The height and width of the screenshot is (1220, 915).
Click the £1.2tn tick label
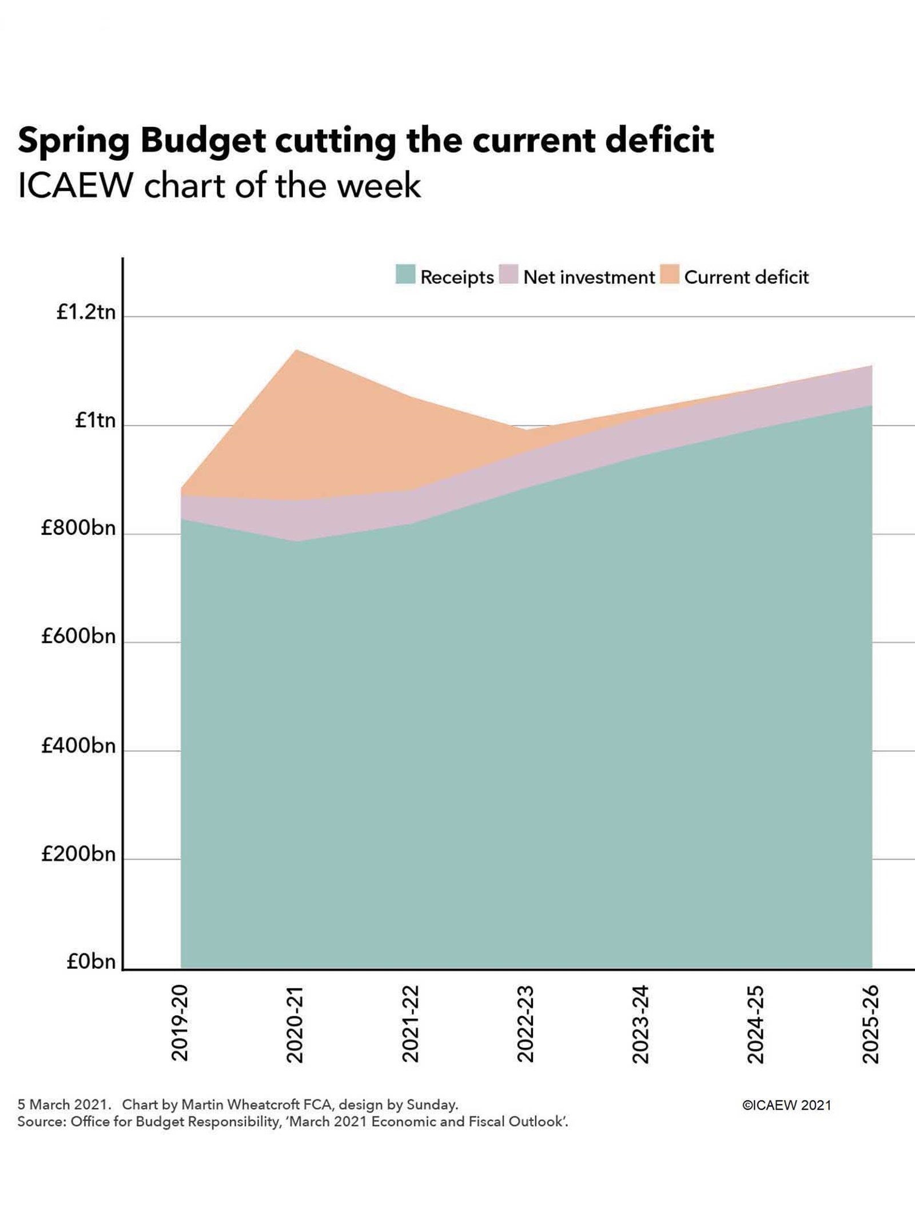coord(86,312)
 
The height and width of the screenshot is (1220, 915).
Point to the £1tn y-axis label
coord(95,420)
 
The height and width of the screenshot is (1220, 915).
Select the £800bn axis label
coord(78,528)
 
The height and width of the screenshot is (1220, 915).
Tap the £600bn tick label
coord(78,636)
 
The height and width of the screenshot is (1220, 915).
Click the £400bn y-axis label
coord(78,746)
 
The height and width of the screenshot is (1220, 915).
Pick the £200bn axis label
coord(78,854)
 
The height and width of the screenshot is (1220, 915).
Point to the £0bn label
coord(91,962)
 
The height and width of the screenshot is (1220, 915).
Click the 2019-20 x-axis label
coord(180,1023)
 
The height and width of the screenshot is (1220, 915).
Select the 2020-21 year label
coord(295,1024)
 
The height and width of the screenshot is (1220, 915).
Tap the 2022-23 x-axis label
coord(526,1024)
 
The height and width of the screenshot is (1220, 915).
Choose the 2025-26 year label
coord(870,1024)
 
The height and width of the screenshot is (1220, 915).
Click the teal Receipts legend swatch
coord(405,274)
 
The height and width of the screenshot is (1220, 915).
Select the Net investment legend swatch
coord(508,274)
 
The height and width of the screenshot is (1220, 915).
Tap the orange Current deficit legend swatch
coord(670,274)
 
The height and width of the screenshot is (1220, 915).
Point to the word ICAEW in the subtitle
coord(75,185)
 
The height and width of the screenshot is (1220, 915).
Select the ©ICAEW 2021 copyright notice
coord(786,1105)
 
